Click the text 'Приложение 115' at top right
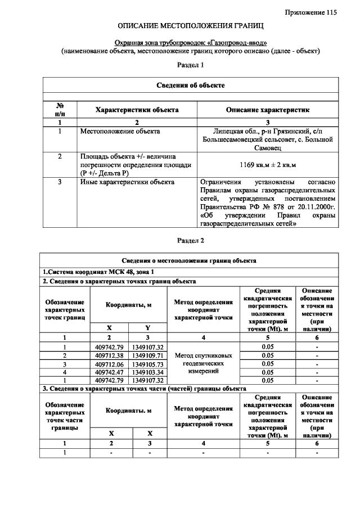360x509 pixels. coord(310,12)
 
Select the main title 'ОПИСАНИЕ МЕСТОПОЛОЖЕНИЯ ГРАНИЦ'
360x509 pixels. coord(191,26)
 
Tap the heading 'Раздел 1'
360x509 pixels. coord(190,66)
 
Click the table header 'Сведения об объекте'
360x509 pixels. coord(191,85)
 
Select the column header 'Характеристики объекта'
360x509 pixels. coord(137,110)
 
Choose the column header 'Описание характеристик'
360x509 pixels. coord(268,110)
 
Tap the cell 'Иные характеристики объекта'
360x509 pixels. coord(127,182)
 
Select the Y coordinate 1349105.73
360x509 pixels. coord(148,363)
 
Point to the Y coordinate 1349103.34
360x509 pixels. coord(148,372)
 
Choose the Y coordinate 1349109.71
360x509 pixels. coord(148,355)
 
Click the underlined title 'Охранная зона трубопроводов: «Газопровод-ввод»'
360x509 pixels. coord(191,43)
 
